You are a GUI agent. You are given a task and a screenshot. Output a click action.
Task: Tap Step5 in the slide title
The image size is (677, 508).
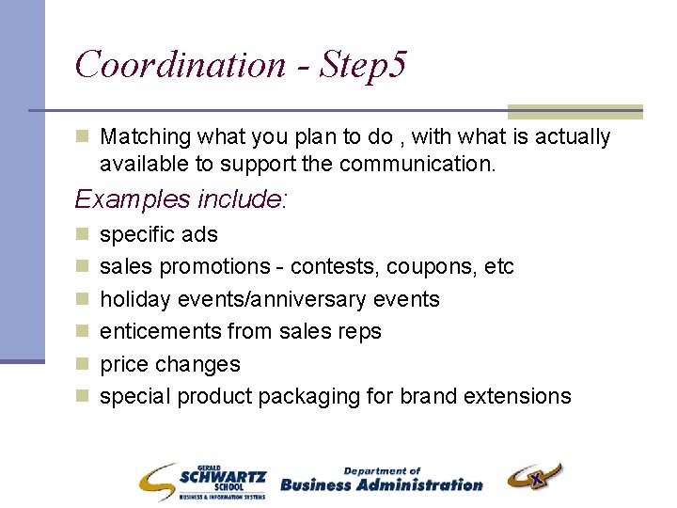tap(363, 66)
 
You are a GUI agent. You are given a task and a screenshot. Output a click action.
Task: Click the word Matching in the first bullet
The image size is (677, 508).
tap(143, 137)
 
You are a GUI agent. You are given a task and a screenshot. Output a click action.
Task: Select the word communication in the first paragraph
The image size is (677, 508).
tap(414, 164)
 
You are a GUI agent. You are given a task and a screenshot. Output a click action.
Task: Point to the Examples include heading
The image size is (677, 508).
tap(181, 199)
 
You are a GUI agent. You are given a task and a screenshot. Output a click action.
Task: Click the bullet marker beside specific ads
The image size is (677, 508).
tap(82, 234)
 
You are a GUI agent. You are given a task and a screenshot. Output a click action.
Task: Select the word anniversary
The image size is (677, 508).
tap(315, 299)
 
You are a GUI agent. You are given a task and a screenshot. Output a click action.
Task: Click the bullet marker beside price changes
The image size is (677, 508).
tap(82, 364)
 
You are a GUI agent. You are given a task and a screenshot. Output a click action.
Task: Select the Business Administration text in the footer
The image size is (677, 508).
tap(381, 481)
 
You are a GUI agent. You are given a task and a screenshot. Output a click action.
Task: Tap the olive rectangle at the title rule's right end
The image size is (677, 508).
tap(575, 111)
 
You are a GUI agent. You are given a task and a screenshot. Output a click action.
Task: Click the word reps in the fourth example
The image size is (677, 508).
tap(360, 331)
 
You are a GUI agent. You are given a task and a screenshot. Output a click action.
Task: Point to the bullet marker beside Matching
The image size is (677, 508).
tap(82, 137)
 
